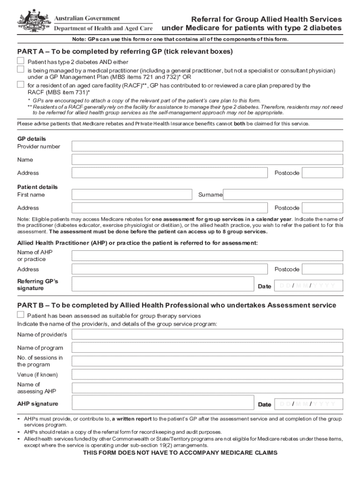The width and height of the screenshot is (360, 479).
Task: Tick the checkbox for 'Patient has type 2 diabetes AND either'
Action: (x=21, y=61)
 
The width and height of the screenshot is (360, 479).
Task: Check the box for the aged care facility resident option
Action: (x=21, y=85)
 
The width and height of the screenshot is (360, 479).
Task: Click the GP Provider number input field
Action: (x=207, y=146)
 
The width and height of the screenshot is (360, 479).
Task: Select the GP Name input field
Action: (x=207, y=160)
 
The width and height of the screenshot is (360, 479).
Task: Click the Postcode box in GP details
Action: (x=322, y=173)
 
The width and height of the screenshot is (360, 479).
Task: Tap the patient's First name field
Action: (x=132, y=195)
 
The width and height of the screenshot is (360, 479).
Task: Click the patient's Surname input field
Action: (x=283, y=195)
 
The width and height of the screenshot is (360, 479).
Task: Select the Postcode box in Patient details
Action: (x=322, y=208)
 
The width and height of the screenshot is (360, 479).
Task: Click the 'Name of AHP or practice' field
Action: (x=207, y=255)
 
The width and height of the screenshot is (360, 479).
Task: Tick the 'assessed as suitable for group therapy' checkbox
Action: (x=21, y=315)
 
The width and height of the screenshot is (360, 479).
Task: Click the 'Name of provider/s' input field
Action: (x=207, y=334)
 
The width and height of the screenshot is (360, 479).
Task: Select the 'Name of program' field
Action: (x=207, y=348)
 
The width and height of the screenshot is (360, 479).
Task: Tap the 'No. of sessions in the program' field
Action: (x=207, y=361)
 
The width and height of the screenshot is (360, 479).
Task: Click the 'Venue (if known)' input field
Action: (x=207, y=375)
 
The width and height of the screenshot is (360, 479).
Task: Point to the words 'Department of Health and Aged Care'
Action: (x=103, y=28)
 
